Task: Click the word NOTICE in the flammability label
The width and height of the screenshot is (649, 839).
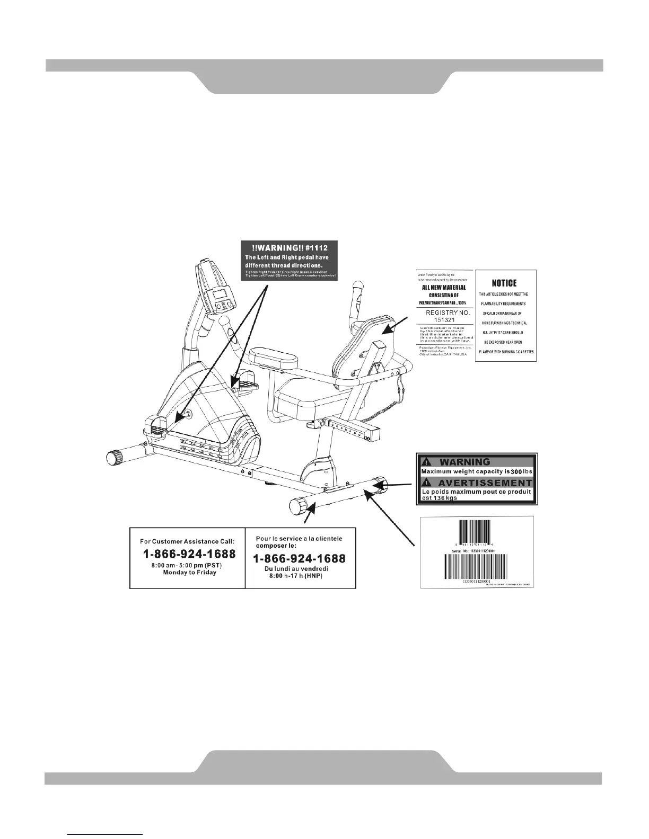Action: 504,283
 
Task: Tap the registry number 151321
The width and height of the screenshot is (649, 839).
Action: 448,320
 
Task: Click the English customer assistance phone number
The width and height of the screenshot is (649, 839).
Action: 189,555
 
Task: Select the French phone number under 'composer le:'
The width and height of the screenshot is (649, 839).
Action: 300,559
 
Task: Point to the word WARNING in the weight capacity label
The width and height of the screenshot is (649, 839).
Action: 465,462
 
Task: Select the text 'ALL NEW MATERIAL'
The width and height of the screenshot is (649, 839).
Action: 444,288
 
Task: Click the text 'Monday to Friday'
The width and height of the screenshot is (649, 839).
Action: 189,573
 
